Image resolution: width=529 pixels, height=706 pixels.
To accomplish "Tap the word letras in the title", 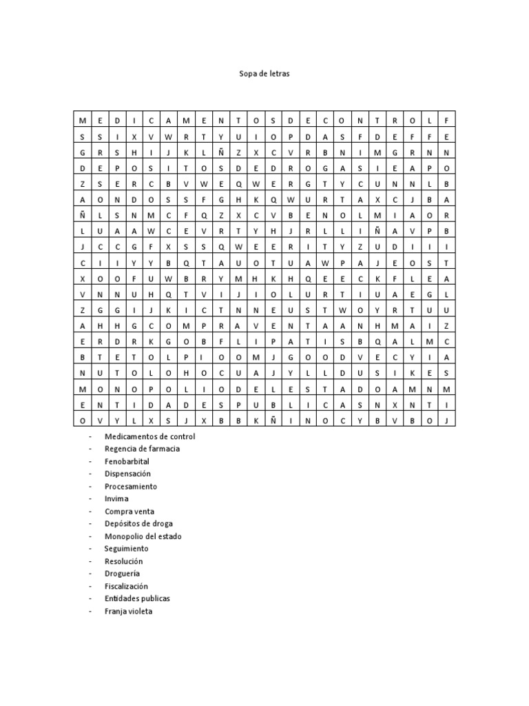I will (x=280, y=73).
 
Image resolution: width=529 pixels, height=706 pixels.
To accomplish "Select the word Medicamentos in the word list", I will (x=129, y=436).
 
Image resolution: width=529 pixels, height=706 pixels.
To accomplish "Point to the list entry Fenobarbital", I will (x=127, y=461).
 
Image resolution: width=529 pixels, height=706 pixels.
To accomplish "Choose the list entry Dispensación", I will (x=127, y=474).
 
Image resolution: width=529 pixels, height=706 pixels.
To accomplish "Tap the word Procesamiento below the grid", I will (x=131, y=486).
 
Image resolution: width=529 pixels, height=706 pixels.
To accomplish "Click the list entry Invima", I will (x=116, y=498).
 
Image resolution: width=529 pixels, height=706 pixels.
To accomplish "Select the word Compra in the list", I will (x=118, y=512).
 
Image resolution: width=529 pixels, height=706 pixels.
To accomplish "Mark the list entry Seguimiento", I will (x=126, y=549).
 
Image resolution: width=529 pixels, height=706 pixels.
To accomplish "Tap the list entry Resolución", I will (x=124, y=561).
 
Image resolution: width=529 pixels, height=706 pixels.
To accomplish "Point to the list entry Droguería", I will (x=122, y=574).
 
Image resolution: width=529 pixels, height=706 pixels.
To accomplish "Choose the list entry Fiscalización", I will (x=126, y=586).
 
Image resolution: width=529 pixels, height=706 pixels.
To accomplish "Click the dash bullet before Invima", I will (x=90, y=498).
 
